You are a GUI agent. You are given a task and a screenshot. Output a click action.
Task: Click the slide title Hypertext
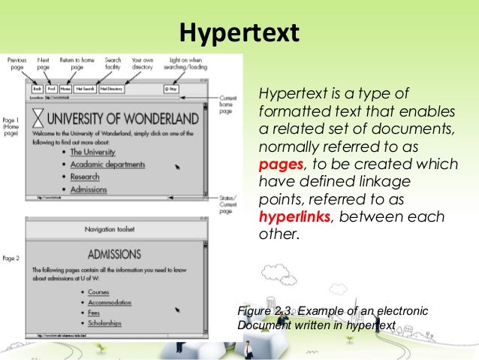[x=239, y=33]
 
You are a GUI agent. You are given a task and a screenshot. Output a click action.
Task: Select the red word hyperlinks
[x=294, y=217]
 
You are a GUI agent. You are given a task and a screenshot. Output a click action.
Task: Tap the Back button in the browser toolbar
[x=37, y=88]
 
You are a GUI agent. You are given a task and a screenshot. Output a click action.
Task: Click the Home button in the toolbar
[x=66, y=88]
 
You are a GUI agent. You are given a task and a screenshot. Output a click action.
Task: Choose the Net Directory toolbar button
[x=110, y=88]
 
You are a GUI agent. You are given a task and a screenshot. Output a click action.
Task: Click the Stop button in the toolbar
[x=170, y=88]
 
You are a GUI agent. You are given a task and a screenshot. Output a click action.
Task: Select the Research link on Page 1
[x=85, y=177]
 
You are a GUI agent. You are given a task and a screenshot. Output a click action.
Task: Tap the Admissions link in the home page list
[x=89, y=189]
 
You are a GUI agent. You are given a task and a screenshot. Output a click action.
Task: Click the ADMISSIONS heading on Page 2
[x=115, y=254]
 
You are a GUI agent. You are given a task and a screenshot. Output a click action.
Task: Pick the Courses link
[x=98, y=292]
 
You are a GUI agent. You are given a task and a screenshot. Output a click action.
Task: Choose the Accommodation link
[x=110, y=303]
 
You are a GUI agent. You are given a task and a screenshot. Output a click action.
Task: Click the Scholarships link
[x=105, y=324]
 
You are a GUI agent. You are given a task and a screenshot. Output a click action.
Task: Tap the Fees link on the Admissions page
[x=95, y=313]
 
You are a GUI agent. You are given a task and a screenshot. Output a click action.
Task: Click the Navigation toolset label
[x=115, y=228]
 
